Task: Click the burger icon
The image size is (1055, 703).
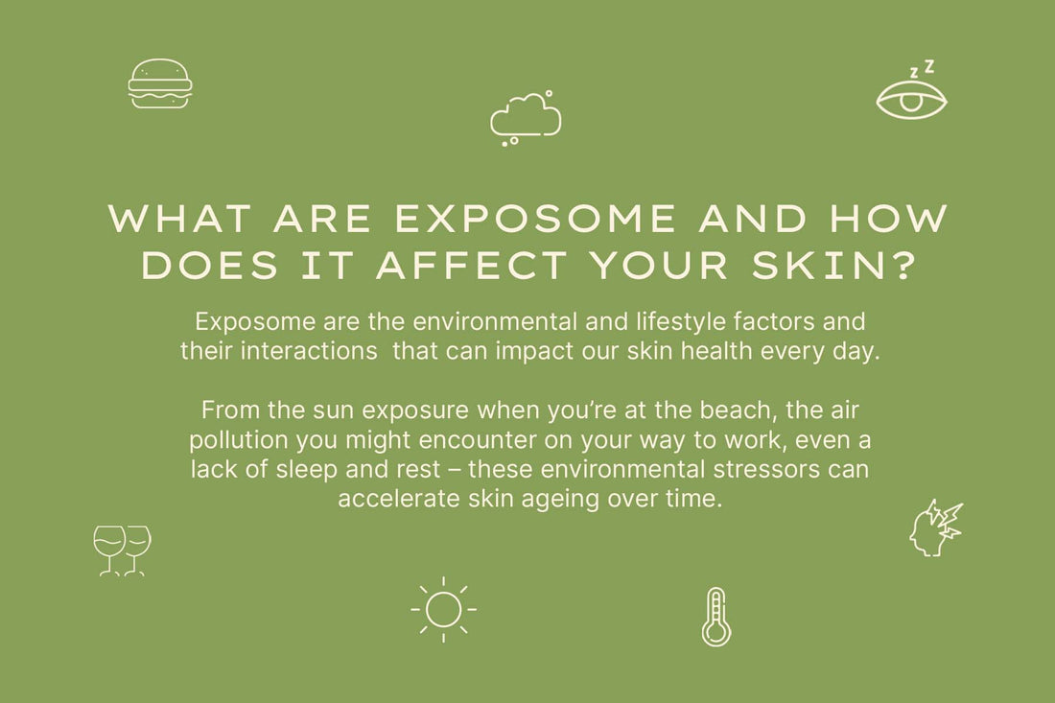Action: [x=160, y=83]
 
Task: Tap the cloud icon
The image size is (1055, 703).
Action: [x=526, y=117]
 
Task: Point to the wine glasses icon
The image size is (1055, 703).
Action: [x=122, y=551]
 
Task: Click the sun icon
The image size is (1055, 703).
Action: [x=443, y=610]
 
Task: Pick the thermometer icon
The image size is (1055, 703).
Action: [x=715, y=617]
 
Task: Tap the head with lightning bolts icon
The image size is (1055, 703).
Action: [x=935, y=527]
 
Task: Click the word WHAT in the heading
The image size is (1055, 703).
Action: [x=179, y=219]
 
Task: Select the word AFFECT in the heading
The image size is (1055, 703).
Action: [x=470, y=266]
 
